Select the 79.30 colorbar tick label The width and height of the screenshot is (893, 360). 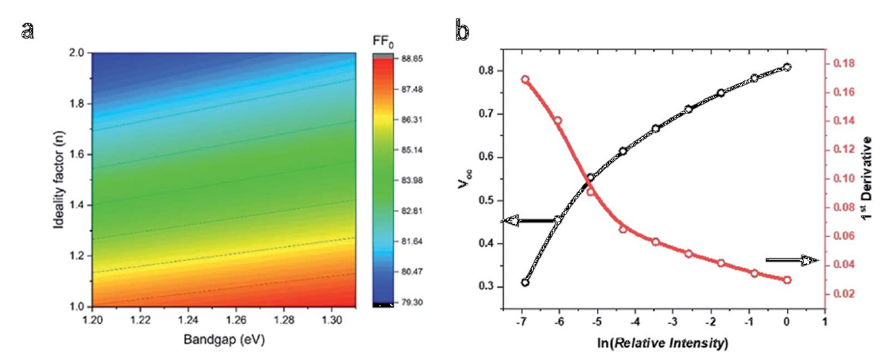(x=408, y=302)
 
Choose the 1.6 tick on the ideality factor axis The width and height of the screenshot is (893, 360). (x=78, y=155)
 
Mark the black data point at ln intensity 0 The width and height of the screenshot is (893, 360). (x=787, y=67)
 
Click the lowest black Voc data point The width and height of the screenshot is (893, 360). (x=525, y=282)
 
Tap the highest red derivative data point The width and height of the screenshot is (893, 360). (x=525, y=79)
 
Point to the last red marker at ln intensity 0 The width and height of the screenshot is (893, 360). (x=787, y=280)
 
